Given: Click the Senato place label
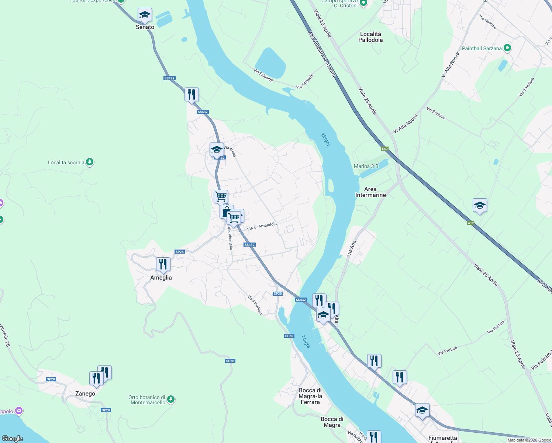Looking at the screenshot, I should pyautogui.click(x=145, y=27).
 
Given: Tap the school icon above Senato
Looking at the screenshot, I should pyautogui.click(x=145, y=15).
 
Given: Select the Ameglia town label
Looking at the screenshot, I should pyautogui.click(x=161, y=278).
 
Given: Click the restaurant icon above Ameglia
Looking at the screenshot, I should pyautogui.click(x=163, y=264).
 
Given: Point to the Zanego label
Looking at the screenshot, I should pyautogui.click(x=85, y=394).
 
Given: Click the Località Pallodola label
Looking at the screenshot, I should pyautogui.click(x=370, y=37).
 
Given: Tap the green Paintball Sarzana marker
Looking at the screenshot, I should pyautogui.click(x=507, y=48).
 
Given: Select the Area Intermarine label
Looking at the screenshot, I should pyautogui.click(x=370, y=192).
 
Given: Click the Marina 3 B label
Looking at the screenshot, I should pyautogui.click(x=366, y=166).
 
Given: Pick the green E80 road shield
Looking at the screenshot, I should pyautogui.click(x=384, y=149).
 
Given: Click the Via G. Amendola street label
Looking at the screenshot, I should pyautogui.click(x=262, y=226).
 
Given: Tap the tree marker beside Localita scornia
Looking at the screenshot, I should pyautogui.click(x=90, y=162).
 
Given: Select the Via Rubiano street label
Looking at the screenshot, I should pyautogui.click(x=436, y=113).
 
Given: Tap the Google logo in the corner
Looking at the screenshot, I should pyautogui.click(x=13, y=438).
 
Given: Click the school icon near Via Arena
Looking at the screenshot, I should pyautogui.click(x=217, y=150).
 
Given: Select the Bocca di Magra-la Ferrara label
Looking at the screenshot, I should pyautogui.click(x=310, y=396).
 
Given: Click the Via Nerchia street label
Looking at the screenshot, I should pyautogui.click(x=488, y=22).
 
